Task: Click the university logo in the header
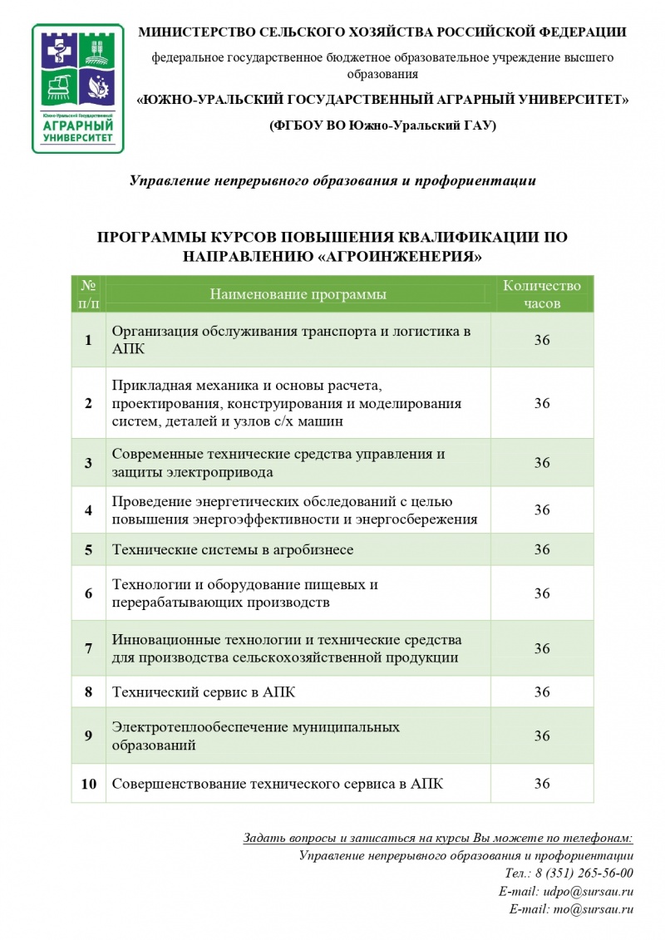77,88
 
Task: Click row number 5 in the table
88,550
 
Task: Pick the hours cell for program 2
542,403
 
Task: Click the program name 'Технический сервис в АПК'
204,691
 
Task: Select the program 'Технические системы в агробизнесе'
233,550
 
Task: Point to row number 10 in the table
88,784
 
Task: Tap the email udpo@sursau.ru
589,891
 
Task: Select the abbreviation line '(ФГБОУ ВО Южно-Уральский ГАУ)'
382,125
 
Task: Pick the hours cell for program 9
542,736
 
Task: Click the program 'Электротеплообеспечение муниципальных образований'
256,736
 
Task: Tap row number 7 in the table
88,648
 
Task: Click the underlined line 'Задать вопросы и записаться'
438,838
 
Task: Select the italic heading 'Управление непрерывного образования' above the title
332,180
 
